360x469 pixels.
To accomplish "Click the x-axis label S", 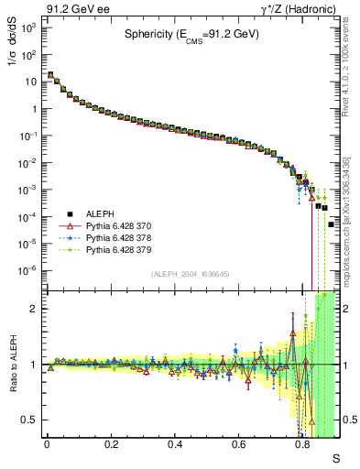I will coord(335,459).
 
